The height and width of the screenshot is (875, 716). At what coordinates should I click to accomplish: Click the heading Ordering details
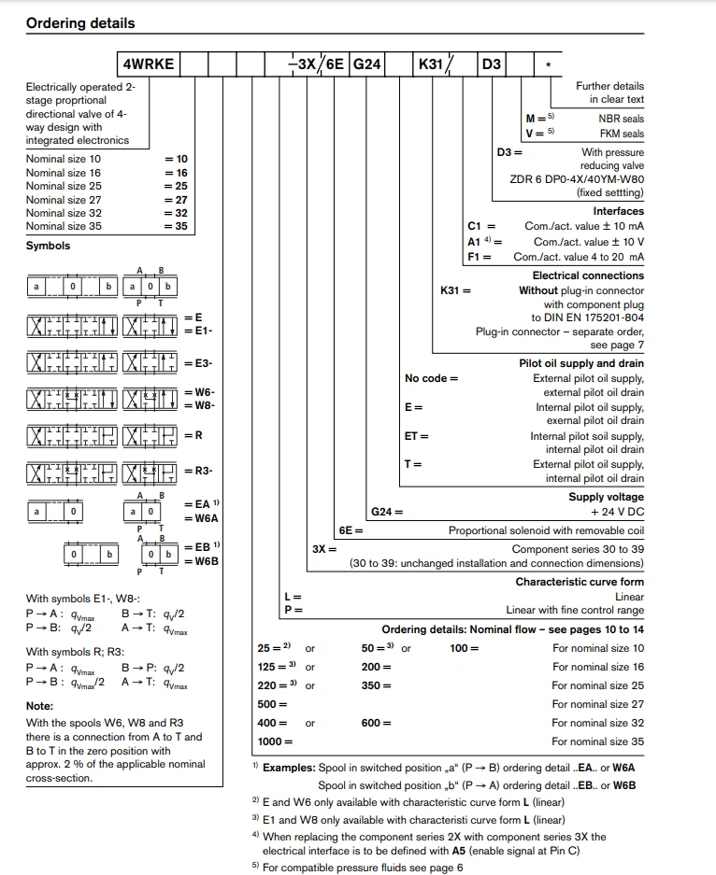(x=80, y=23)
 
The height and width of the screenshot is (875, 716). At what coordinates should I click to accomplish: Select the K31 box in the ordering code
(x=431, y=64)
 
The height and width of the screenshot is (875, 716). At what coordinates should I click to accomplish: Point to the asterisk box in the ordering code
(x=548, y=65)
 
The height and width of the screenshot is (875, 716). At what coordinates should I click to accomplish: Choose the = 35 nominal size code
(x=176, y=226)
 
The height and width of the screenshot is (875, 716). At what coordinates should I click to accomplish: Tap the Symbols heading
(x=48, y=247)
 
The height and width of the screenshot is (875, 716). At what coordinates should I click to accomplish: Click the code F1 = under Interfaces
(x=481, y=257)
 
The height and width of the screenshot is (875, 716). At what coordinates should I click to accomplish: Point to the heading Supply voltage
(x=606, y=497)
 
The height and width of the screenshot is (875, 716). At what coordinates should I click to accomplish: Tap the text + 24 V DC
(x=617, y=512)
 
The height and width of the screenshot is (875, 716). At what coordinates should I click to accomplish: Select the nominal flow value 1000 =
(x=275, y=741)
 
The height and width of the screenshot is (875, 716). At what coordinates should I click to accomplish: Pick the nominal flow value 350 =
(x=376, y=685)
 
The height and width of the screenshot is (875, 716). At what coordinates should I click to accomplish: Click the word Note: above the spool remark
(x=40, y=706)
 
